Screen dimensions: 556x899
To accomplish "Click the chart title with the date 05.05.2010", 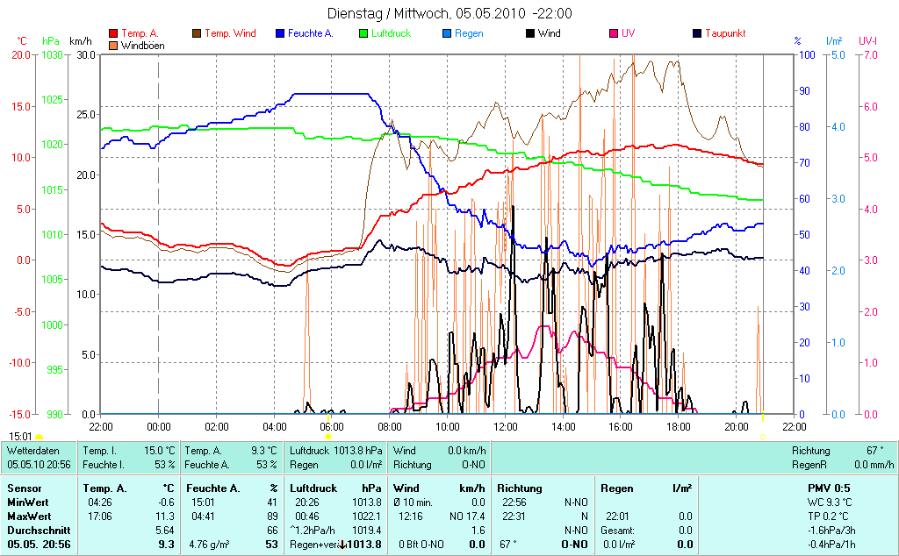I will (449, 13).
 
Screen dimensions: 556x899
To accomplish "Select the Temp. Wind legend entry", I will (230, 33).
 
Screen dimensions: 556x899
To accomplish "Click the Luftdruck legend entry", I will (396, 33).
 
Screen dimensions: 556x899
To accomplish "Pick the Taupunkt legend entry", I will (725, 33).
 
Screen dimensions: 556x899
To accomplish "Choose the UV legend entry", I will (628, 33).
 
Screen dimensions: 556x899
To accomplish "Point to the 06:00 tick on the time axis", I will (332, 426).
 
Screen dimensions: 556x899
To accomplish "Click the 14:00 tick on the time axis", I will (563, 426).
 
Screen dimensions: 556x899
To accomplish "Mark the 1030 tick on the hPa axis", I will (52, 54).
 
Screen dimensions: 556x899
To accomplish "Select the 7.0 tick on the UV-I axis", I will (869, 54).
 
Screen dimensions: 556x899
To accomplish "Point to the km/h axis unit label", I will (80, 41).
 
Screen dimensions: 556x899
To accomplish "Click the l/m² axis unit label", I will (834, 41).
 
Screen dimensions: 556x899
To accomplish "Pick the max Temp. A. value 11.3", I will (163, 516).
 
